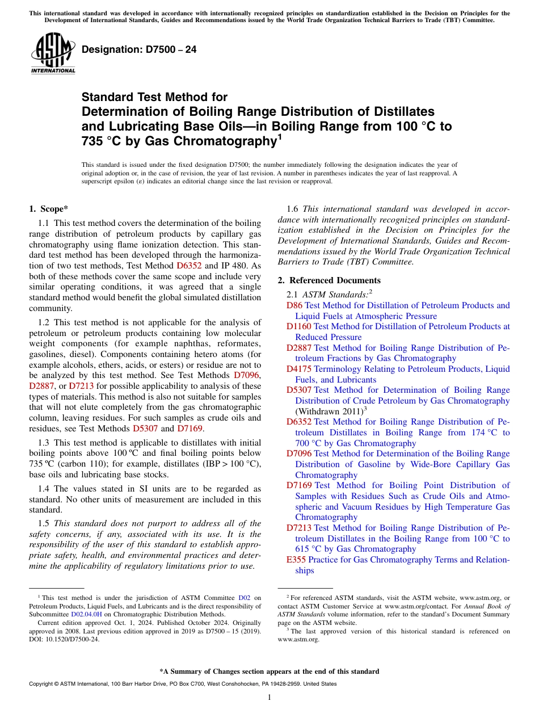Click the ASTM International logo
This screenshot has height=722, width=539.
pos(52,54)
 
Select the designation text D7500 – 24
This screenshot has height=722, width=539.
pos(139,49)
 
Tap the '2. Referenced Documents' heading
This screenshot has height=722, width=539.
pos(329,280)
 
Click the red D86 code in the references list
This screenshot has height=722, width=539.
pos(294,305)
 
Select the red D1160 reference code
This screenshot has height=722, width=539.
pos(299,326)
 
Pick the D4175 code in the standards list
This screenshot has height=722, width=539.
pos(299,369)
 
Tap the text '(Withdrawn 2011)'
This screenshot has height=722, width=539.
pos(328,412)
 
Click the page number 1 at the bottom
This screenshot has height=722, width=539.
pos(269,697)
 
